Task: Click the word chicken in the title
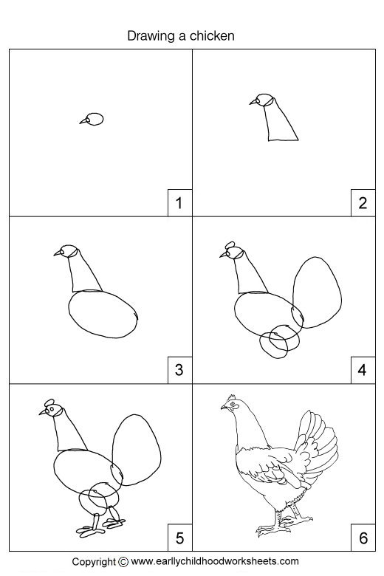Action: pyautogui.click(x=215, y=35)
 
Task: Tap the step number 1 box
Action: pyautogui.click(x=178, y=202)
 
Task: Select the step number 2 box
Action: pyautogui.click(x=362, y=202)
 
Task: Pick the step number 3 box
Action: pyautogui.click(x=178, y=369)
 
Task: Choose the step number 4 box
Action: pyautogui.click(x=362, y=369)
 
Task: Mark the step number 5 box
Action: pyautogui.click(x=178, y=537)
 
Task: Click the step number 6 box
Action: pyautogui.click(x=362, y=537)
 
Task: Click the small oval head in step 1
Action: pyautogui.click(x=95, y=119)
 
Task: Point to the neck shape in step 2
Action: pyautogui.click(x=281, y=123)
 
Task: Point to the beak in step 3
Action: pyautogui.click(x=58, y=253)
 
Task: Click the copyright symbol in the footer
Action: pyautogui.click(x=123, y=561)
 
